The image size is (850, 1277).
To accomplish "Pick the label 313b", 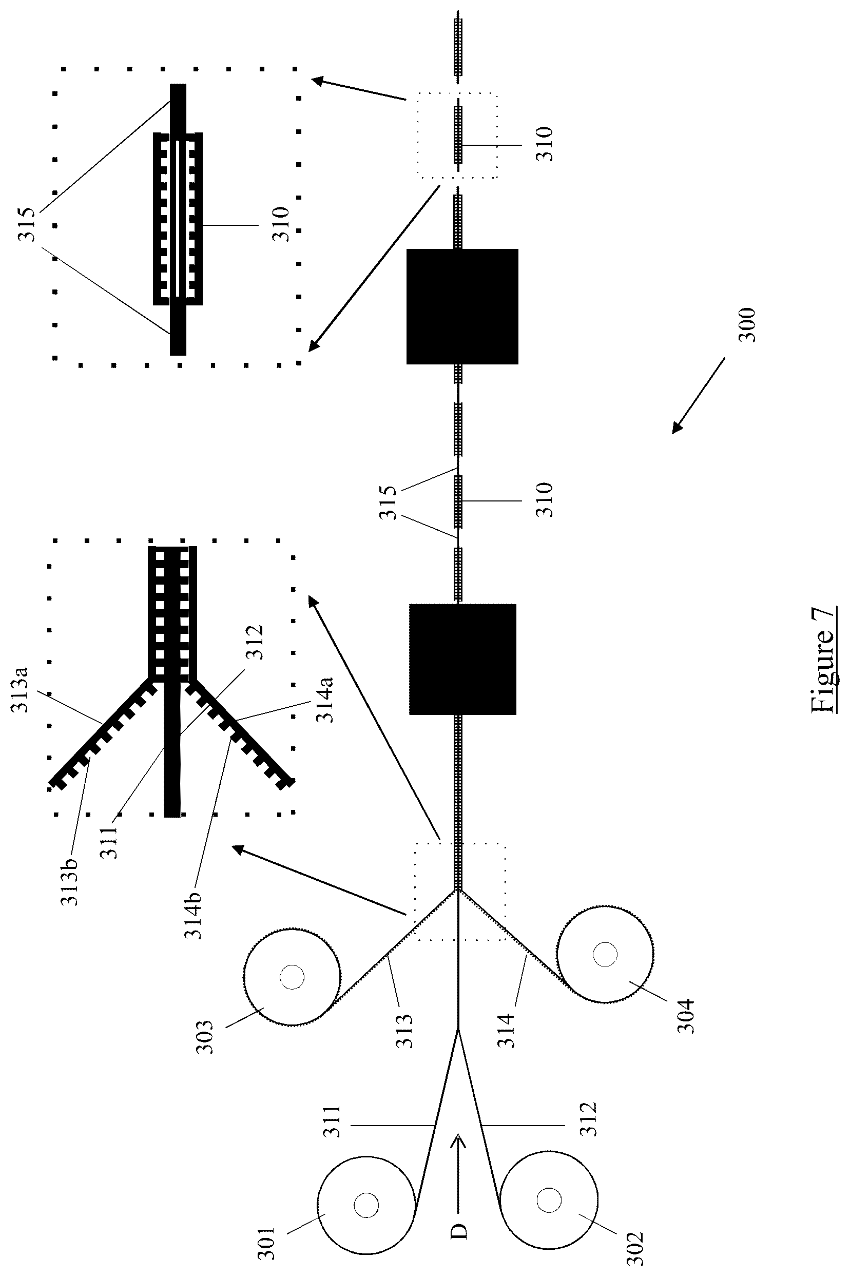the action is point(69,883).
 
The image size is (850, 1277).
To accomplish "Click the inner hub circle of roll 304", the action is point(605,954).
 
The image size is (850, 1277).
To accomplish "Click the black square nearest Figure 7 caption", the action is point(462,659).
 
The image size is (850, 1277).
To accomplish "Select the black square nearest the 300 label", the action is point(462,306).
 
